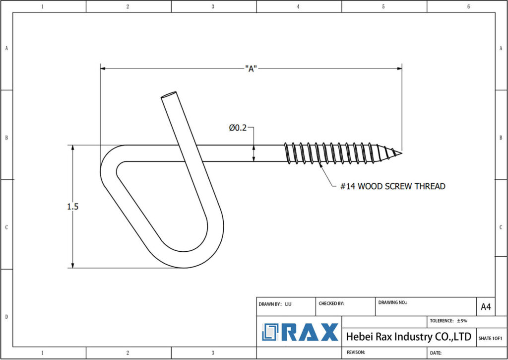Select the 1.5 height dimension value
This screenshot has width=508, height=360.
coord(72,207)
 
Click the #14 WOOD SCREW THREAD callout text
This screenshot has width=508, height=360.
coord(392,186)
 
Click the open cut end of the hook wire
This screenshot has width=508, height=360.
coord(169,94)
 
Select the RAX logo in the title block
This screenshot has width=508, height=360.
coord(300,332)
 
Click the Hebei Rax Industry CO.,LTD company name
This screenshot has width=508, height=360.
coord(408,337)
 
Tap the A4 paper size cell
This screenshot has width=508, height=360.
coord(486,307)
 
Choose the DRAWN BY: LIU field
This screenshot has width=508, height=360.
coord(275,303)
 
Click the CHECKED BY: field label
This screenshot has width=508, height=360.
coord(331,303)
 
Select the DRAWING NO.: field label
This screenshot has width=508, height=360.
coord(392,302)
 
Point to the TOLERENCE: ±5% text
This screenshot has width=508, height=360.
coord(448,321)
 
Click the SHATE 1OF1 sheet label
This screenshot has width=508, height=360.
coord(490,338)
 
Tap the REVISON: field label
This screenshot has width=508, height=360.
coord(356,352)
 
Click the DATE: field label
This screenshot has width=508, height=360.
coord(436,353)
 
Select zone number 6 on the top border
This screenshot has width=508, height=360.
coord(468,6)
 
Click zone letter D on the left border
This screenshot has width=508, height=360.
coord(6,316)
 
